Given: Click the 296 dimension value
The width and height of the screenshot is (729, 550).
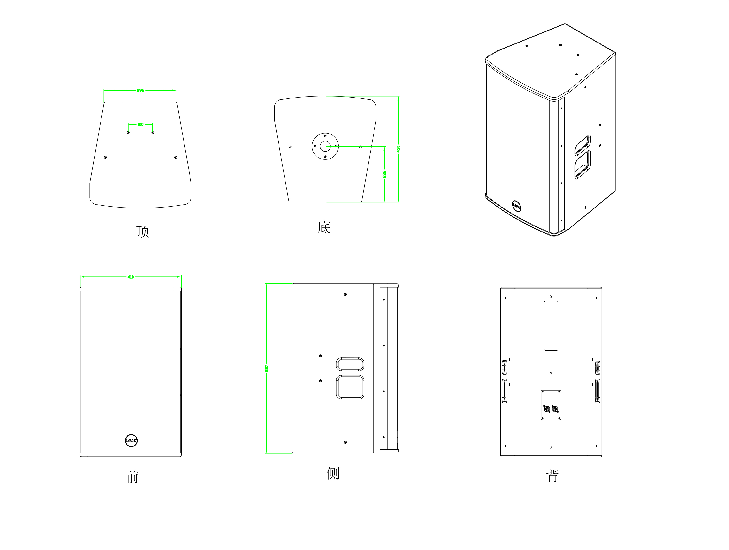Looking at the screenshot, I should click(x=140, y=90).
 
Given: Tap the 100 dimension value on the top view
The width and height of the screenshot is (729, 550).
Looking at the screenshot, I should click(x=140, y=124).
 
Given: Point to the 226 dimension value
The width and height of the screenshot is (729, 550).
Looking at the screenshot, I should click(x=384, y=174).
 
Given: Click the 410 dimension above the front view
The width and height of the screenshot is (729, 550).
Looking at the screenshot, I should click(x=131, y=277).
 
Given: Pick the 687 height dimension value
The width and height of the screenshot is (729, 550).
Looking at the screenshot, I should click(x=267, y=368).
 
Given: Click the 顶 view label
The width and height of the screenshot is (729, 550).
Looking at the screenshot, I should click(x=143, y=231).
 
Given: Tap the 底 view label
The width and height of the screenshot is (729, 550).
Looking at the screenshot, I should click(x=324, y=227).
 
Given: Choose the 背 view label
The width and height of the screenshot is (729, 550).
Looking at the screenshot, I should click(x=552, y=476).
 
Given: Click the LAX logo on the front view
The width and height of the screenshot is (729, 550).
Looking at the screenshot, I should click(x=131, y=440).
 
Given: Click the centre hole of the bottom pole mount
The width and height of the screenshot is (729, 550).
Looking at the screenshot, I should click(x=325, y=146).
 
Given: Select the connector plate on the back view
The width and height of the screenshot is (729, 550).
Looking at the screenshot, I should click(x=551, y=405).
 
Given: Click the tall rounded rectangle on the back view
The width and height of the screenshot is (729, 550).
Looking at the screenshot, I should click(x=551, y=325).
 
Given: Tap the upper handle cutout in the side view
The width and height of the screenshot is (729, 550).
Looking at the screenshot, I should click(x=350, y=364).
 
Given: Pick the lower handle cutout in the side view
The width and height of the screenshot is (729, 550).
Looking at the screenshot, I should click(x=350, y=387).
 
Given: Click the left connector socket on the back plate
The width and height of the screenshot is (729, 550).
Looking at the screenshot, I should click(x=547, y=409).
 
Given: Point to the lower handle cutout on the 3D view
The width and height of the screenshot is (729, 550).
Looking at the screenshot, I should click(x=583, y=165).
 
